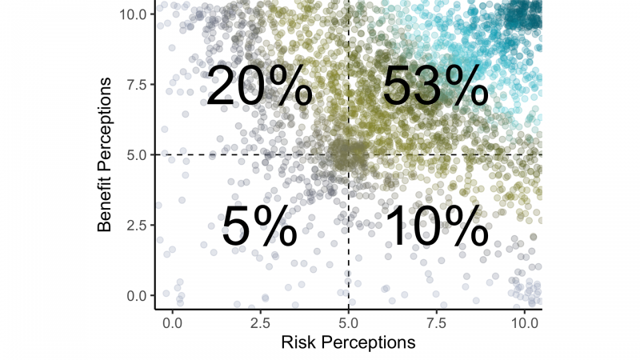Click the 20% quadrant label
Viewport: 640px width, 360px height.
pyautogui.click(x=259, y=86)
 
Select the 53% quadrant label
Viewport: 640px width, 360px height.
pyautogui.click(x=434, y=86)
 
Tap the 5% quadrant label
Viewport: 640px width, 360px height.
pyautogui.click(x=259, y=227)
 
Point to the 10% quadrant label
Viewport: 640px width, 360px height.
pyautogui.click(x=436, y=227)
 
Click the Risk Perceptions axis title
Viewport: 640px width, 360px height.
pyautogui.click(x=348, y=342)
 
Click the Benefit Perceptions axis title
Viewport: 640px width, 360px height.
pyautogui.click(x=106, y=154)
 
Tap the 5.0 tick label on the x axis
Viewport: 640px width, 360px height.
pyautogui.click(x=349, y=322)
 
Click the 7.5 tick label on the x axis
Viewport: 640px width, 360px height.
pyautogui.click(x=437, y=322)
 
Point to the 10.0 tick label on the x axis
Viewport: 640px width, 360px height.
pyautogui.click(x=525, y=322)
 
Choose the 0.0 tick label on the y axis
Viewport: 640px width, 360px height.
pyautogui.click(x=136, y=295)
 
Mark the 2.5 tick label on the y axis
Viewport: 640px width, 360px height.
pyautogui.click(x=136, y=225)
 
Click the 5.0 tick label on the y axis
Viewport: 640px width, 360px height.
pyautogui.click(x=136, y=154)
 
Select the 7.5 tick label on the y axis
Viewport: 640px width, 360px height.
pyautogui.click(x=136, y=85)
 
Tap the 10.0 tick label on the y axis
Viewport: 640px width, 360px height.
pyautogui.click(x=133, y=14)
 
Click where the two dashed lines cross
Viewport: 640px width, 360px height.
pyautogui.click(x=349, y=154)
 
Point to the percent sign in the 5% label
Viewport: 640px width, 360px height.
pyautogui.click(x=277, y=227)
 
